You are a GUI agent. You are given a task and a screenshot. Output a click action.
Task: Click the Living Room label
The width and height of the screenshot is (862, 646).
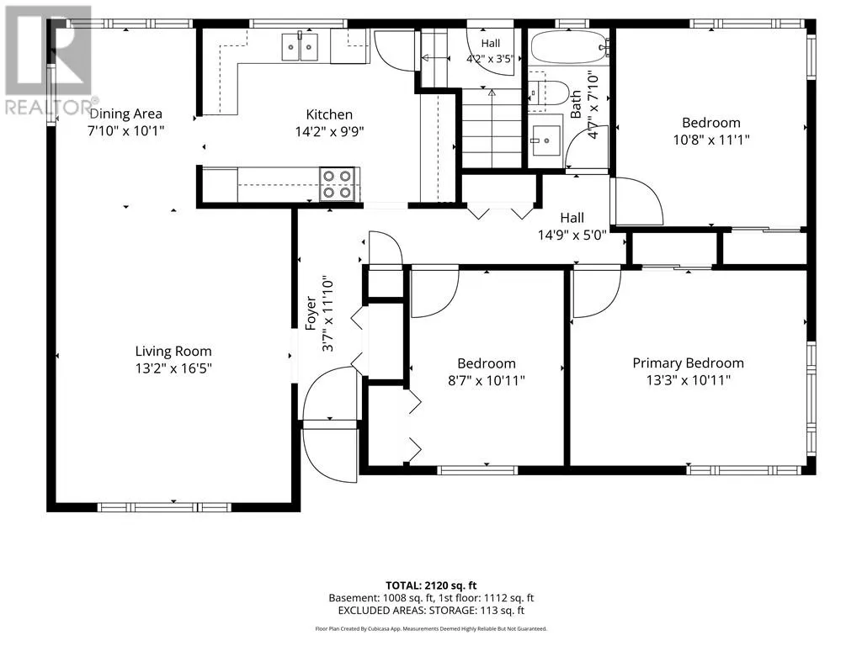tap(173, 351)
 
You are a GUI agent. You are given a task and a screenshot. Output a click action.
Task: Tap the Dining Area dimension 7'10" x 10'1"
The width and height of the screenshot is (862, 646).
tap(126, 130)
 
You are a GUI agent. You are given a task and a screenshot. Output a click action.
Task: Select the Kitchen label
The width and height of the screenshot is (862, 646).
tap(329, 114)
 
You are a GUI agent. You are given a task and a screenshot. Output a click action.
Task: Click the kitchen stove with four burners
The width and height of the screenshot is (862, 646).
tap(337, 184)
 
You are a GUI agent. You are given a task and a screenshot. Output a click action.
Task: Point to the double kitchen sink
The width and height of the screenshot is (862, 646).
tap(301, 47)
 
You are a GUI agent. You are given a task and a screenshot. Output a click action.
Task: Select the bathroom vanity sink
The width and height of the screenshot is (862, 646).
tap(545, 140)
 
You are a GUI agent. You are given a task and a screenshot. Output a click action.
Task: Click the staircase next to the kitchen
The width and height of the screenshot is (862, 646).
tap(492, 128)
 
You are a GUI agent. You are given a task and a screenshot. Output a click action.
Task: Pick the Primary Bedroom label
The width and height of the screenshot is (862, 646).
tap(689, 363)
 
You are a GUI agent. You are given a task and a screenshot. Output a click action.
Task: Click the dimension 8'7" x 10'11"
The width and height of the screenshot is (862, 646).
tap(487, 380)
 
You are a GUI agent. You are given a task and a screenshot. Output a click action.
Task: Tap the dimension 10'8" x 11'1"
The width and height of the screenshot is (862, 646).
tap(711, 140)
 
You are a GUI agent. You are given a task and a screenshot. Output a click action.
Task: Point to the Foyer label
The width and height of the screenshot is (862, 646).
tap(311, 313)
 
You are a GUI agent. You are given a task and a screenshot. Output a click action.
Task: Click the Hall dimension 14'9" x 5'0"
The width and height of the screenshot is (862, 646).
tap(572, 236)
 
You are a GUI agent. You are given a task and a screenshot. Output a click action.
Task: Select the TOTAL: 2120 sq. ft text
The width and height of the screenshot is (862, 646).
tap(431, 585)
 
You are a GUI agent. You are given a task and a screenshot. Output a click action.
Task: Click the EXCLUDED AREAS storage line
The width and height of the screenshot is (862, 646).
tap(431, 611)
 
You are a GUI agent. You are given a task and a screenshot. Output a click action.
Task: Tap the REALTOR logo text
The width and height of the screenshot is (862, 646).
tap(48, 107)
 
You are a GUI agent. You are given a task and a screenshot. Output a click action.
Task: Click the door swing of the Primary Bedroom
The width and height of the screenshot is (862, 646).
tap(597, 293)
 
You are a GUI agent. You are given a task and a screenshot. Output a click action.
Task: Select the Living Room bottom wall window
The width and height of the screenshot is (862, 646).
tap(164, 507)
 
